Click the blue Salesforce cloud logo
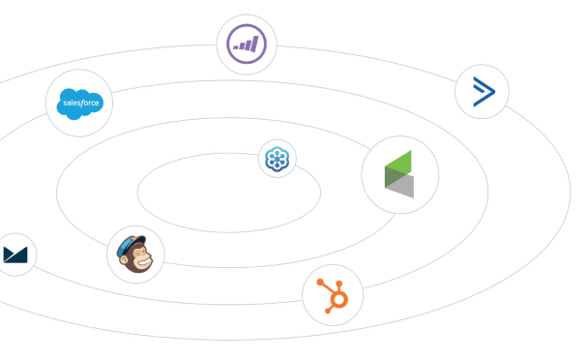tap(79, 103)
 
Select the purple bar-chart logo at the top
tap(246, 45)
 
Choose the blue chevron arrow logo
tap(482, 93)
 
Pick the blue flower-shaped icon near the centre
tap(278, 158)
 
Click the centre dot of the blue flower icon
tap(278, 158)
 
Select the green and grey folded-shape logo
tap(399, 175)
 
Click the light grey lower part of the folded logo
tap(401, 187)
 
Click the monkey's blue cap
tap(130, 243)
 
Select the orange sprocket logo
tap(332, 294)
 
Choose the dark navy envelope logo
tap(15, 255)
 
